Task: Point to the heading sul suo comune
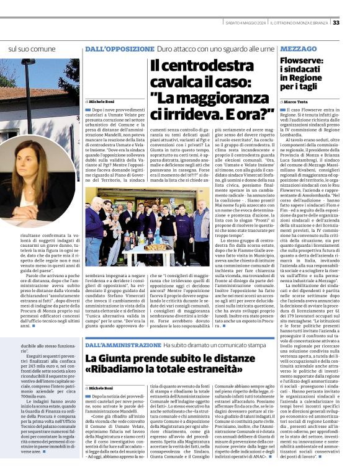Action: click(x=32, y=48)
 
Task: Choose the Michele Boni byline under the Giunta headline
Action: click(x=102, y=388)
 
